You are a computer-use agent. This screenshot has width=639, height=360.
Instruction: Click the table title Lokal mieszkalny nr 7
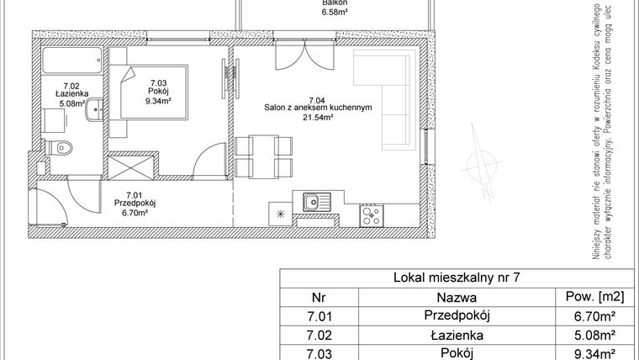click(457, 277)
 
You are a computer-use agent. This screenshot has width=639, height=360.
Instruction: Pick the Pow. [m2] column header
click(589, 297)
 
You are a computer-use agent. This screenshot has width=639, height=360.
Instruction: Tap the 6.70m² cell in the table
click(589, 316)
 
